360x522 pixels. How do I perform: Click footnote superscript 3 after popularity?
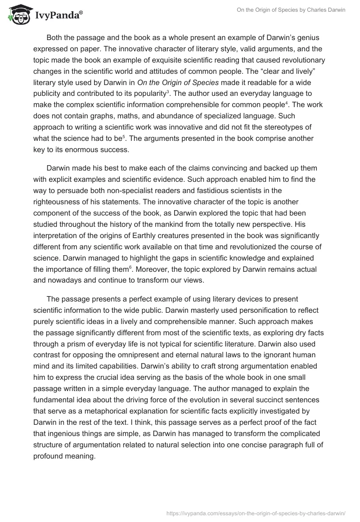tap(167, 91)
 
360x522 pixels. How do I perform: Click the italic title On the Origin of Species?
tap(165, 82)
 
